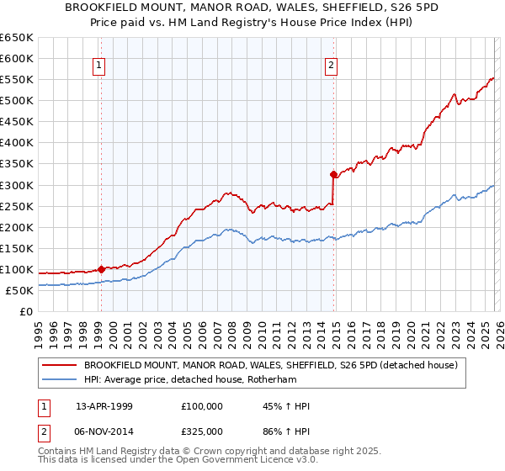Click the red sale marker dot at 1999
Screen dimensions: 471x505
click(101, 269)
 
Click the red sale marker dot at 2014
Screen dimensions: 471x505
click(333, 175)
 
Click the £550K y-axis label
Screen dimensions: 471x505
click(17, 80)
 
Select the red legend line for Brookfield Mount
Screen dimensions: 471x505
click(59, 365)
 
